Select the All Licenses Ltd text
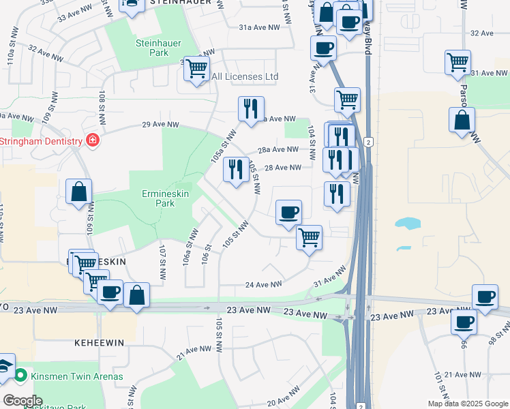(245, 77)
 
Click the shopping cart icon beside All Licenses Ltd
(196, 69)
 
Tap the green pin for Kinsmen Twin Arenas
(21, 376)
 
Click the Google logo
(22, 401)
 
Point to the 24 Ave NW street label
(263, 284)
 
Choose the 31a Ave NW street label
(259, 27)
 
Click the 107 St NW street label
(162, 262)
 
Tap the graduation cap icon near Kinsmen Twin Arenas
(5, 365)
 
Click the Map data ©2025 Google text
(468, 404)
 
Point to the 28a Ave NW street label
(277, 149)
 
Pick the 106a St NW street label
(190, 247)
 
